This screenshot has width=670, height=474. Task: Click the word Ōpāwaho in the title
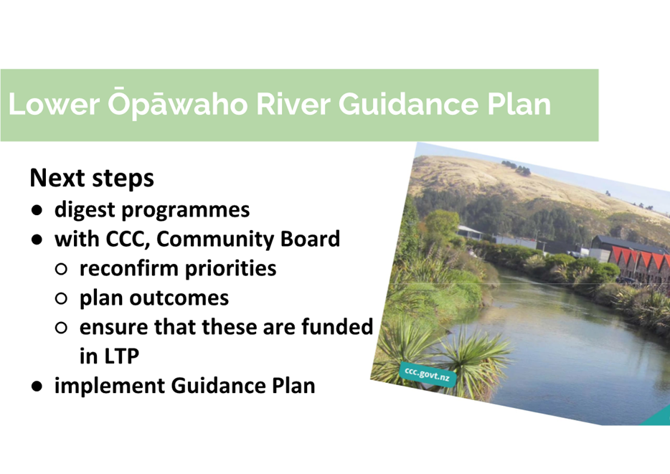177,103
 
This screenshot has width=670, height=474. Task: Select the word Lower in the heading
54,104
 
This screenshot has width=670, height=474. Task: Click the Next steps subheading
92,178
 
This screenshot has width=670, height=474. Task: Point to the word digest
85,210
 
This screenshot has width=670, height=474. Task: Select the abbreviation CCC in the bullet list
127,239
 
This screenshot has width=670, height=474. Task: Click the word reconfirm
128,268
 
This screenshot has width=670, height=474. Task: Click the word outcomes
179,298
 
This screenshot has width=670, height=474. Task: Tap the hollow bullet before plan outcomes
61,298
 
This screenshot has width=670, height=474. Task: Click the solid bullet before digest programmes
37,210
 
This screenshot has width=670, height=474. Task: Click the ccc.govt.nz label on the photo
427,374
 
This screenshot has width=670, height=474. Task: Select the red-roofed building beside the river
638,265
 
